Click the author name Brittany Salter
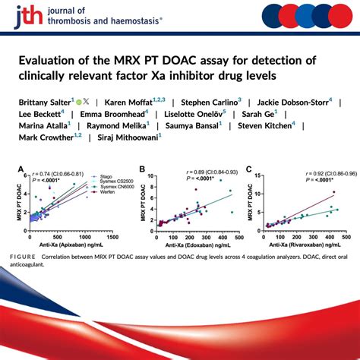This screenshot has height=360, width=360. coord(39,100)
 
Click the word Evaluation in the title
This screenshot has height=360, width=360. coord(46,60)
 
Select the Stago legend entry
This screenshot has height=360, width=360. coord(99,175)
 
